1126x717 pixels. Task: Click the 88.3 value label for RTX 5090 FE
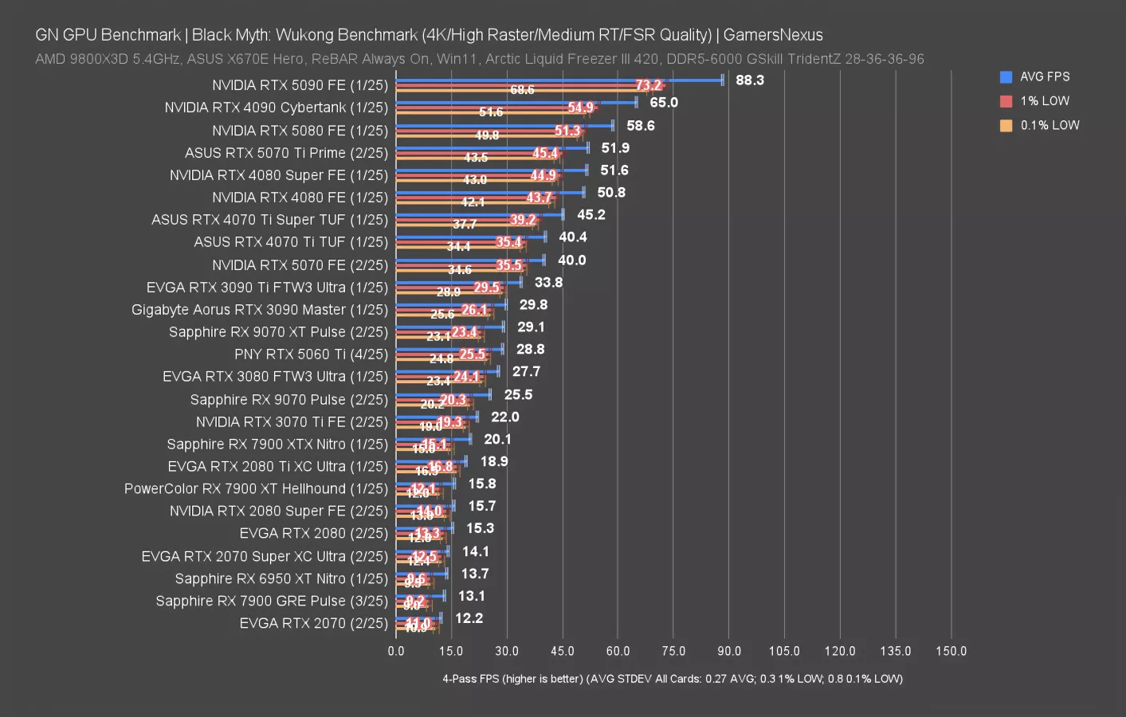(x=750, y=80)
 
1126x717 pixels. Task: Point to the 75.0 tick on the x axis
(x=673, y=651)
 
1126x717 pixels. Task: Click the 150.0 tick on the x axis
(x=951, y=651)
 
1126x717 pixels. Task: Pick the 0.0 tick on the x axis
(x=396, y=651)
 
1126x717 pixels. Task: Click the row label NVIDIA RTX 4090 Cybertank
(x=276, y=108)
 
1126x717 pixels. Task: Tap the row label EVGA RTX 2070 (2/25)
(x=313, y=624)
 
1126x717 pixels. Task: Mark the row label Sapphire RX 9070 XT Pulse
(x=278, y=332)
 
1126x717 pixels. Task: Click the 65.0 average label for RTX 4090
(x=664, y=103)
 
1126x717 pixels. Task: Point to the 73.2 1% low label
(x=649, y=85)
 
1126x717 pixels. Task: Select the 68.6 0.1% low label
(x=522, y=90)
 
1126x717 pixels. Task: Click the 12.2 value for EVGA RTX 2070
(x=469, y=618)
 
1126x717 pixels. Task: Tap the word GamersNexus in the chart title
(x=773, y=35)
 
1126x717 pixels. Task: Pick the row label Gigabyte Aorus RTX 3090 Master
(x=260, y=310)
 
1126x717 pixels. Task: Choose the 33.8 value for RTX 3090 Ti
(x=548, y=282)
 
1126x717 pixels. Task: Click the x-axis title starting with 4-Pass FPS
(x=673, y=679)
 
